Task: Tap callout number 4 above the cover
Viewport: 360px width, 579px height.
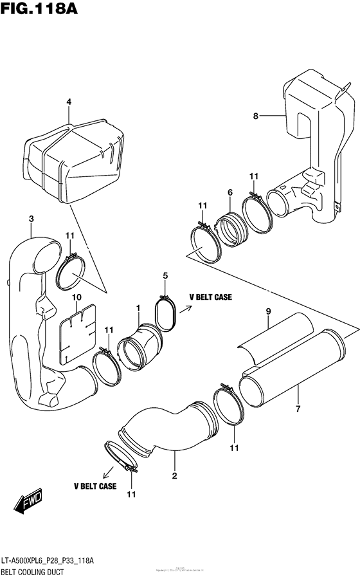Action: tap(69, 102)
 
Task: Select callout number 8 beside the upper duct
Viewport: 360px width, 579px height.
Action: tap(255, 116)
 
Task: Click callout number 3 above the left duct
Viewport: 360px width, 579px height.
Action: tap(31, 220)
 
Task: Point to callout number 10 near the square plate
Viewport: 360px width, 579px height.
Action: tap(76, 297)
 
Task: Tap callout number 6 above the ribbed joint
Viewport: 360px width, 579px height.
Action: tap(230, 192)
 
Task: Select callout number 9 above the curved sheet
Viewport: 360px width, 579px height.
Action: tap(269, 313)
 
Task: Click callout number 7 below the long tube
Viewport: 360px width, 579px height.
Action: tap(298, 408)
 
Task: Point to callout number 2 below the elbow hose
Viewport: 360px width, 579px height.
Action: tap(174, 476)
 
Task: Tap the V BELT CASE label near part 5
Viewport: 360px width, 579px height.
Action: tap(210, 297)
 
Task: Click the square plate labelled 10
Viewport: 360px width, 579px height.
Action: tap(77, 332)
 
